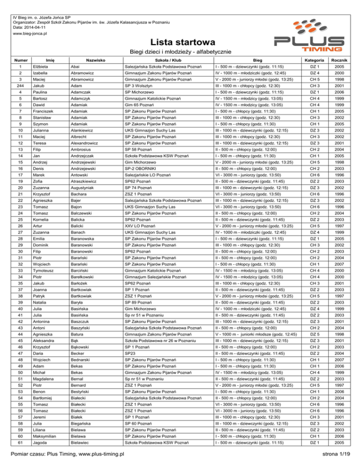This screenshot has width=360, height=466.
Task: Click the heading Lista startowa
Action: (x=180, y=42)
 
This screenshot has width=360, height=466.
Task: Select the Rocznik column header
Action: (x=341, y=60)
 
